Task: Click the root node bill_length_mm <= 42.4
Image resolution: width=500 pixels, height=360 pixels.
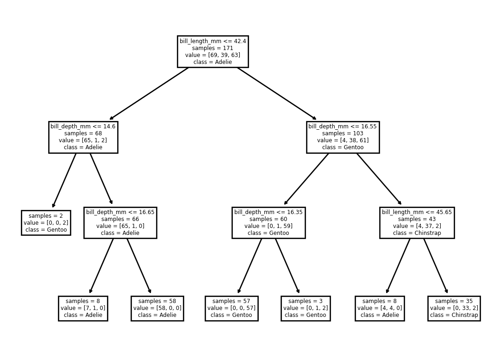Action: point(212,52)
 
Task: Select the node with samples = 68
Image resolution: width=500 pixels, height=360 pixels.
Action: point(83,137)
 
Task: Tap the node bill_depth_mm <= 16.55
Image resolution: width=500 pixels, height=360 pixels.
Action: point(343,137)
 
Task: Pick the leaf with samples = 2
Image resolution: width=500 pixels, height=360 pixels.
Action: point(46,223)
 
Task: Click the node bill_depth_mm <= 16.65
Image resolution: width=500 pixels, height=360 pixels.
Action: point(120,223)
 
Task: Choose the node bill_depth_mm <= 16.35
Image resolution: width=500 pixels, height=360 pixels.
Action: point(269,223)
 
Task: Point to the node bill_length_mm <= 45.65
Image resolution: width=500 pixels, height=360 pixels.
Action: point(417,223)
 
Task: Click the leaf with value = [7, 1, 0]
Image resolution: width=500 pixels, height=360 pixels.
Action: point(83,308)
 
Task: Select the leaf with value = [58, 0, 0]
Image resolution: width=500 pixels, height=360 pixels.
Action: point(157,308)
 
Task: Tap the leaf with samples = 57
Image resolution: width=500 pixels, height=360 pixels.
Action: point(231,308)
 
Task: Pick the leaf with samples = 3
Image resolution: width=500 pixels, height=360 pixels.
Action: point(306,308)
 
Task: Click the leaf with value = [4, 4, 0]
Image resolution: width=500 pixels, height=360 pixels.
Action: point(380,308)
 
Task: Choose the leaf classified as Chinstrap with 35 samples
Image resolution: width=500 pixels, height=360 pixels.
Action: point(454,308)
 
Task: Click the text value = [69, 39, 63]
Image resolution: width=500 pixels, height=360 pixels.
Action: point(212,55)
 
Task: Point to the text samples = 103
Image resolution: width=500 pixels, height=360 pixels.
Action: point(343,133)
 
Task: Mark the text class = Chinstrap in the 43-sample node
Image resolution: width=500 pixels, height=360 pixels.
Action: point(417,233)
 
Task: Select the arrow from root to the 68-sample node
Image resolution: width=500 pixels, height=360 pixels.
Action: point(149,94)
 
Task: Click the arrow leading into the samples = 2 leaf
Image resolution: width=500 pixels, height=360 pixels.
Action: point(64,180)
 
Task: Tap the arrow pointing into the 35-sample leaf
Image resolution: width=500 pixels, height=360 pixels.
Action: point(436,266)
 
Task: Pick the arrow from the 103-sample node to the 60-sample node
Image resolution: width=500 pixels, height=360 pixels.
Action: point(306,179)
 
